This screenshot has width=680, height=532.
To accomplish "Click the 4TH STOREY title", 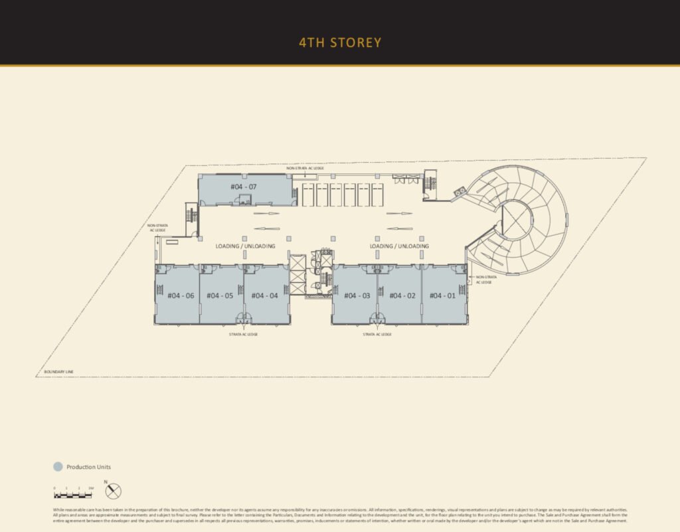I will (x=340, y=43).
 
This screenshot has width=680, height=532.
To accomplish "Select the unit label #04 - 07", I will (x=243, y=187).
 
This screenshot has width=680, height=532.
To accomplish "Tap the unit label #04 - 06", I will (x=181, y=296).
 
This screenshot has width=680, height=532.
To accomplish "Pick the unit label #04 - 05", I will (x=220, y=296).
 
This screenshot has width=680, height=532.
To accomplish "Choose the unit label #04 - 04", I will (x=264, y=296).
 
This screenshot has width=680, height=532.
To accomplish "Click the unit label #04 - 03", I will (x=357, y=296).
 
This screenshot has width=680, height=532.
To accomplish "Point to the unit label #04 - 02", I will (x=402, y=296).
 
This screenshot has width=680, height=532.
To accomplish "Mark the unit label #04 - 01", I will (x=442, y=296).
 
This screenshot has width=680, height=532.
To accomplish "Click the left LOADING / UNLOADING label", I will (x=245, y=246).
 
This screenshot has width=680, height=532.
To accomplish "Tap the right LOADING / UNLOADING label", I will (x=399, y=246).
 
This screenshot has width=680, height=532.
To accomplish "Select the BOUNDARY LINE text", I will (x=58, y=371).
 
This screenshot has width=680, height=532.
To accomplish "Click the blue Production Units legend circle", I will (x=58, y=467).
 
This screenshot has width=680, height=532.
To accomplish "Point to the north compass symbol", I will (x=114, y=491).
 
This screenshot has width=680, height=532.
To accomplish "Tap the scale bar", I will (x=73, y=495).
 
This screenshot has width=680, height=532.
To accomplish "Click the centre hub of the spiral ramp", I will (x=517, y=219).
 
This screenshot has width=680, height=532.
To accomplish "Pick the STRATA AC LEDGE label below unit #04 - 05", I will (x=243, y=334).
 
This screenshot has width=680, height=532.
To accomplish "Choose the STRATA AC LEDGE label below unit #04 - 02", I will (x=377, y=334).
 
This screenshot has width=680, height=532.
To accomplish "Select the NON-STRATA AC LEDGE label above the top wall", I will (x=305, y=169).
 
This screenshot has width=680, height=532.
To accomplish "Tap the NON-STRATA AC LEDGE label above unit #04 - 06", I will (x=158, y=228).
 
